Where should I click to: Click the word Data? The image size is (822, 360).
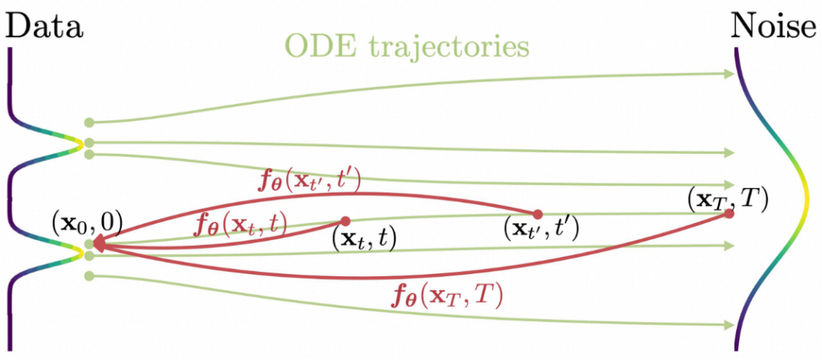coord(44,27)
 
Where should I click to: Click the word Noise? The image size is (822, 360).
coord(773,27)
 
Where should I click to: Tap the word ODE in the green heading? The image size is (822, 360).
coord(316,46)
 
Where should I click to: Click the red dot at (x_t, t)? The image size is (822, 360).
coord(345,221)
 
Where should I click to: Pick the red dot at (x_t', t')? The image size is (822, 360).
coord(537,214)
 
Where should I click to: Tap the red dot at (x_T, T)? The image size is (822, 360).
coord(729,214)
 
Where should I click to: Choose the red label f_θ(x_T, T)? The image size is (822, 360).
coord(445,295)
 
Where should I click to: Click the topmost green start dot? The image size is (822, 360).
coord(89,122)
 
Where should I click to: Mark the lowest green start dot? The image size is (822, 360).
coord(89,276)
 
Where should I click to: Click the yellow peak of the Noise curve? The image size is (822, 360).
coord(808,201)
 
